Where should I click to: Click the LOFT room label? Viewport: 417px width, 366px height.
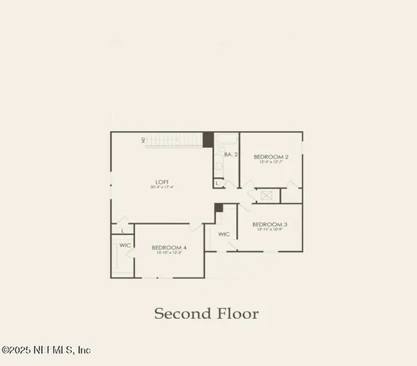click(x=162, y=181)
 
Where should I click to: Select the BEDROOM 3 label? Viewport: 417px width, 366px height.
click(x=270, y=224)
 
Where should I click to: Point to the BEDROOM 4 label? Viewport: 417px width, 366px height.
click(x=169, y=247)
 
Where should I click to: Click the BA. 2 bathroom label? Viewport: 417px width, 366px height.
click(x=231, y=155)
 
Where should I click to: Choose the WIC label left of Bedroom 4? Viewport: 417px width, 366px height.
click(x=125, y=245)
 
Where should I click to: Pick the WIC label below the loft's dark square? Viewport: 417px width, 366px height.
click(x=224, y=234)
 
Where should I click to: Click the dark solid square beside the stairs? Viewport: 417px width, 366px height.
click(x=207, y=140)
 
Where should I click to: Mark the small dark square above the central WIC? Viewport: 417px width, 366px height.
click(x=219, y=207)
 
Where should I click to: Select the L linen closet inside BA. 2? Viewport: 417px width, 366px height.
click(x=217, y=183)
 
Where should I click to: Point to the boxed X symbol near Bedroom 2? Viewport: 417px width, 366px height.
click(x=267, y=196)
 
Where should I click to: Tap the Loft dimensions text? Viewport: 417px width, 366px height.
click(x=162, y=187)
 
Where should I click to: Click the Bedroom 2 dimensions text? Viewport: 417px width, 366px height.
click(x=271, y=162)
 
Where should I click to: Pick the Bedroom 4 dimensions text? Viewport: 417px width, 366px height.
click(x=169, y=253)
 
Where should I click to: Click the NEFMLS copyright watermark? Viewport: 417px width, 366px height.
click(x=47, y=350)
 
